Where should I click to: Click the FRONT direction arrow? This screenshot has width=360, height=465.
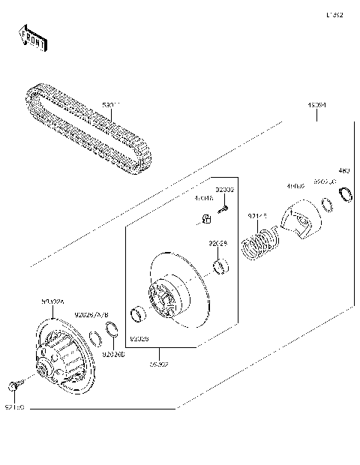31,38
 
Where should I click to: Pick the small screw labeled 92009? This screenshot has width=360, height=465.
223,210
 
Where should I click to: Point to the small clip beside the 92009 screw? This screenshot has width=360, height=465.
202,218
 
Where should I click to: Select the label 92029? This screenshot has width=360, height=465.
217,243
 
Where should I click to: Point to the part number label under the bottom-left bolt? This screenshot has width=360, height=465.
15,407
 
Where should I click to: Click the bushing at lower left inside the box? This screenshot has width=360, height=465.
137,315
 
